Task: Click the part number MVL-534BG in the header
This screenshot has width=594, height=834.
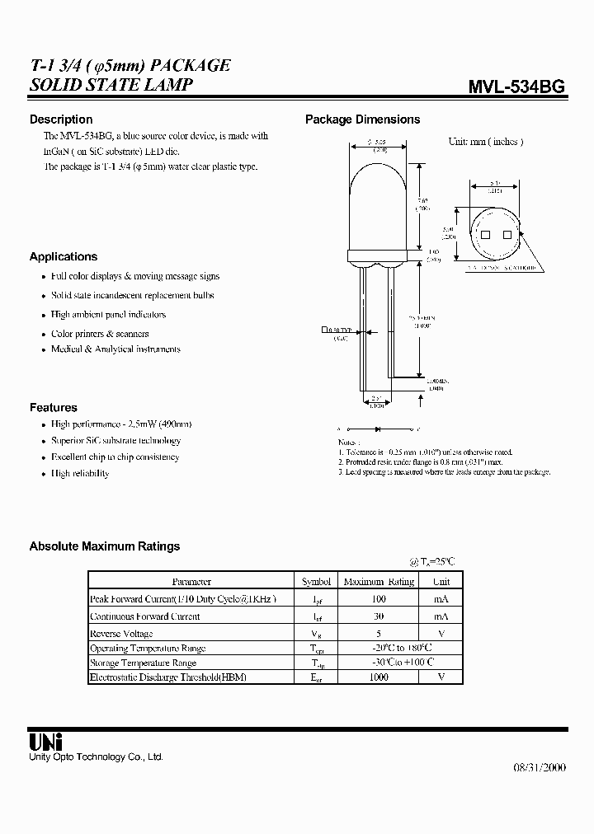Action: (516, 87)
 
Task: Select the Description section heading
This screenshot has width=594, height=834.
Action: (61, 119)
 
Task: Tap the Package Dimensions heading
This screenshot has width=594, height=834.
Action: (362, 119)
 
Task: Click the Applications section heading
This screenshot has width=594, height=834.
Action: (64, 256)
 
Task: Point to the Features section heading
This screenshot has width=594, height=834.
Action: (54, 407)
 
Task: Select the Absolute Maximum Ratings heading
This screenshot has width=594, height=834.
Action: (105, 546)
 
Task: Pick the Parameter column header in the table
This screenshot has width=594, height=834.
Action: (191, 582)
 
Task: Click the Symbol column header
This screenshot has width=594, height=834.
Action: (316, 582)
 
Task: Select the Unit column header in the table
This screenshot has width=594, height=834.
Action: (441, 582)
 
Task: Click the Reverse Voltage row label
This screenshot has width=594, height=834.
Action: (121, 633)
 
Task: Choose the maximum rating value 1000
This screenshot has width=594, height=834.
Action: (379, 677)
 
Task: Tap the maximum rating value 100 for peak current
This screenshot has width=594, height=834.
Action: (379, 599)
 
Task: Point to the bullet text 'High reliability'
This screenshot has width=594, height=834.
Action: (80, 473)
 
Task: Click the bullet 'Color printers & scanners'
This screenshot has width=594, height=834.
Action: (100, 334)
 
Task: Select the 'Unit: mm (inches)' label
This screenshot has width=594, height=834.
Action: (485, 141)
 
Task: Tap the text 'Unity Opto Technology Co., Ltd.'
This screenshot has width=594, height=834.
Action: (96, 757)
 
